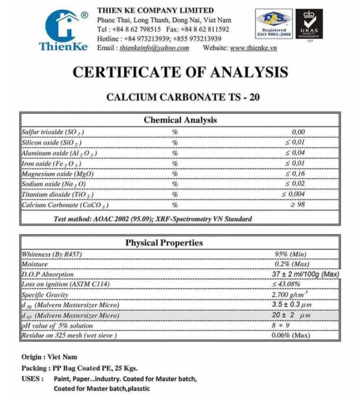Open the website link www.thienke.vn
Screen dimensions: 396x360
click(x=253, y=48)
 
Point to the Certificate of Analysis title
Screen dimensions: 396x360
click(x=180, y=72)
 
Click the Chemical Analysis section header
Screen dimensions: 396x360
click(x=180, y=120)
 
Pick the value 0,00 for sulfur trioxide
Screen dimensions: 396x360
click(x=298, y=132)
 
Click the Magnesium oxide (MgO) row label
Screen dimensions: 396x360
click(x=53, y=174)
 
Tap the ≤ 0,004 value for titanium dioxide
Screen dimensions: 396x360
click(x=293, y=194)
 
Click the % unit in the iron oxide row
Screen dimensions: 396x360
click(x=175, y=163)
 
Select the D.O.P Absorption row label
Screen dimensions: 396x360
click(x=47, y=274)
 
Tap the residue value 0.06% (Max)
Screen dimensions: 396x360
click(x=291, y=336)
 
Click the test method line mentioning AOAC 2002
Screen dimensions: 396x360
click(x=153, y=219)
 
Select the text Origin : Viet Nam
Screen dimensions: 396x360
click(x=49, y=357)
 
